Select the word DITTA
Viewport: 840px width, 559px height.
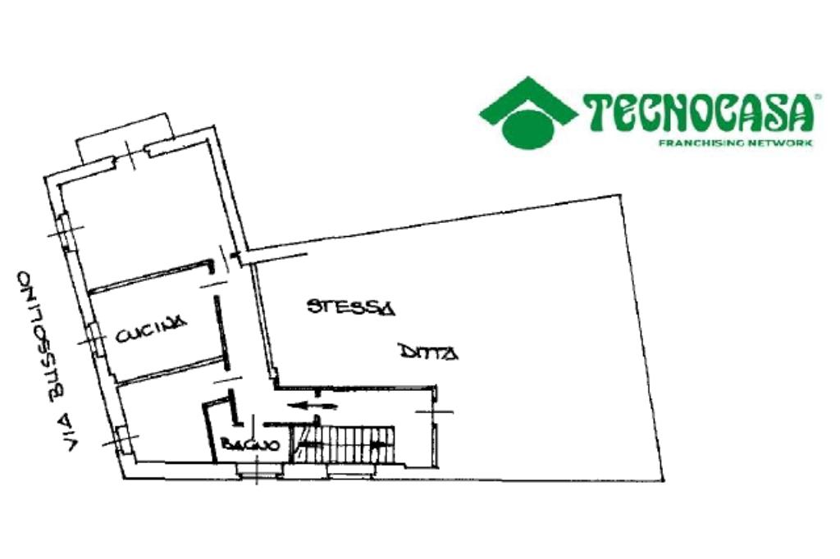coord(428,352)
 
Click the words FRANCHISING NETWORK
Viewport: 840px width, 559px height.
coord(736,143)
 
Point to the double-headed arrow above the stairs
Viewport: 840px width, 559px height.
coord(312,404)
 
